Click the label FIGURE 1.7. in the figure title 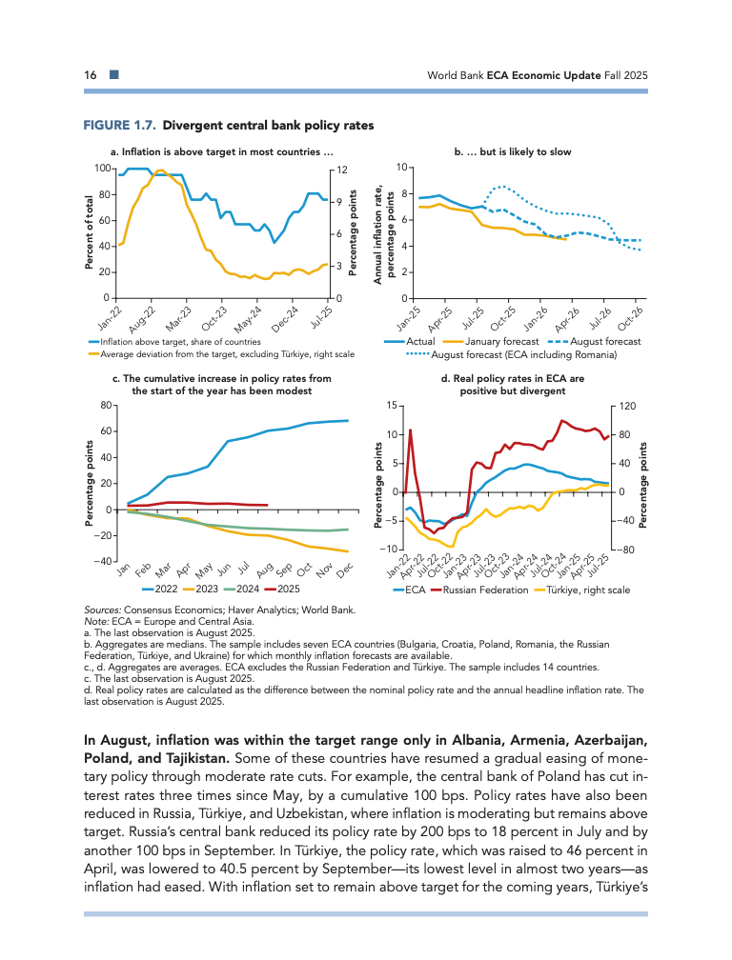click(x=119, y=126)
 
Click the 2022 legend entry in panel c click(x=166, y=590)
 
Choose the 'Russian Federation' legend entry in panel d click(x=485, y=590)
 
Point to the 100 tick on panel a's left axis click(x=102, y=169)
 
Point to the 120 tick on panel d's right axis click(x=626, y=407)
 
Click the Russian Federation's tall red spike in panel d click(x=410, y=430)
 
